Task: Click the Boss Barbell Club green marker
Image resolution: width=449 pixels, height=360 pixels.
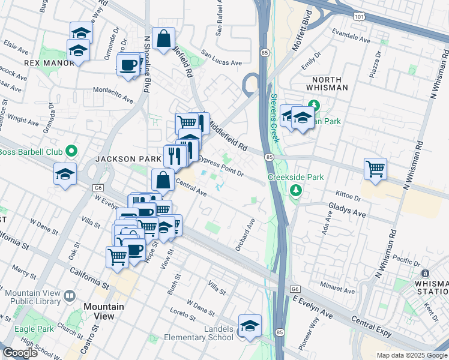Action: point(71,151)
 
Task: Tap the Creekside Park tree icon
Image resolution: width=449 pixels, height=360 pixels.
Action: point(295,190)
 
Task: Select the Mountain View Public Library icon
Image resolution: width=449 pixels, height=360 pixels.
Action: point(70,296)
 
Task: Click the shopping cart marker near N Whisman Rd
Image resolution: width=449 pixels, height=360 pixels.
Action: point(376,169)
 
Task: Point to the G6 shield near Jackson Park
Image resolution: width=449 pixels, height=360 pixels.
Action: point(98,188)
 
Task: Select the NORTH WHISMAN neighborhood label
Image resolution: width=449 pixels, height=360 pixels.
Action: point(327,83)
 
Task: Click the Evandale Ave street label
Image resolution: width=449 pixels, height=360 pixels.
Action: point(352,37)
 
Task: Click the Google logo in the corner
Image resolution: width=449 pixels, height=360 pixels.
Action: point(20,353)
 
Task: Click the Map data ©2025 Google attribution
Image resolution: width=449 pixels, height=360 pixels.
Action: point(411,355)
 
